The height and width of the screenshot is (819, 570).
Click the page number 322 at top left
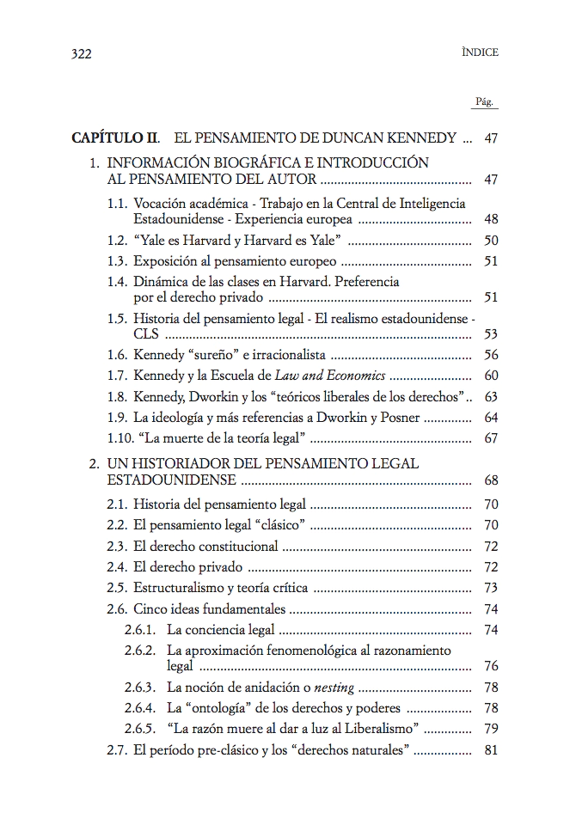click(81, 53)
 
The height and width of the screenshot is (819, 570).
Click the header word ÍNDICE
click(480, 52)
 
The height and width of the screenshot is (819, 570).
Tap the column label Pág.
click(485, 102)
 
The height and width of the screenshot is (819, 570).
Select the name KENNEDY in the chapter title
click(422, 138)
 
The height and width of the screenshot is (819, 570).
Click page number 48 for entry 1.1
click(491, 218)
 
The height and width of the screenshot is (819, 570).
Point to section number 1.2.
click(117, 241)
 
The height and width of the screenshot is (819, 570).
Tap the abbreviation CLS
click(146, 334)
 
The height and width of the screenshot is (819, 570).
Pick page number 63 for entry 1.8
click(491, 397)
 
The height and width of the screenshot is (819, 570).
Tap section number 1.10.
click(120, 439)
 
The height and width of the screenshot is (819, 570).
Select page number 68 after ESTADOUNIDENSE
click(491, 480)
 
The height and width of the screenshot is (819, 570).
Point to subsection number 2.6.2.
click(139, 651)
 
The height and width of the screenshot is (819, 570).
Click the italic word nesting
click(334, 688)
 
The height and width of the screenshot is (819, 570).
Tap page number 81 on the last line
click(491, 750)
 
